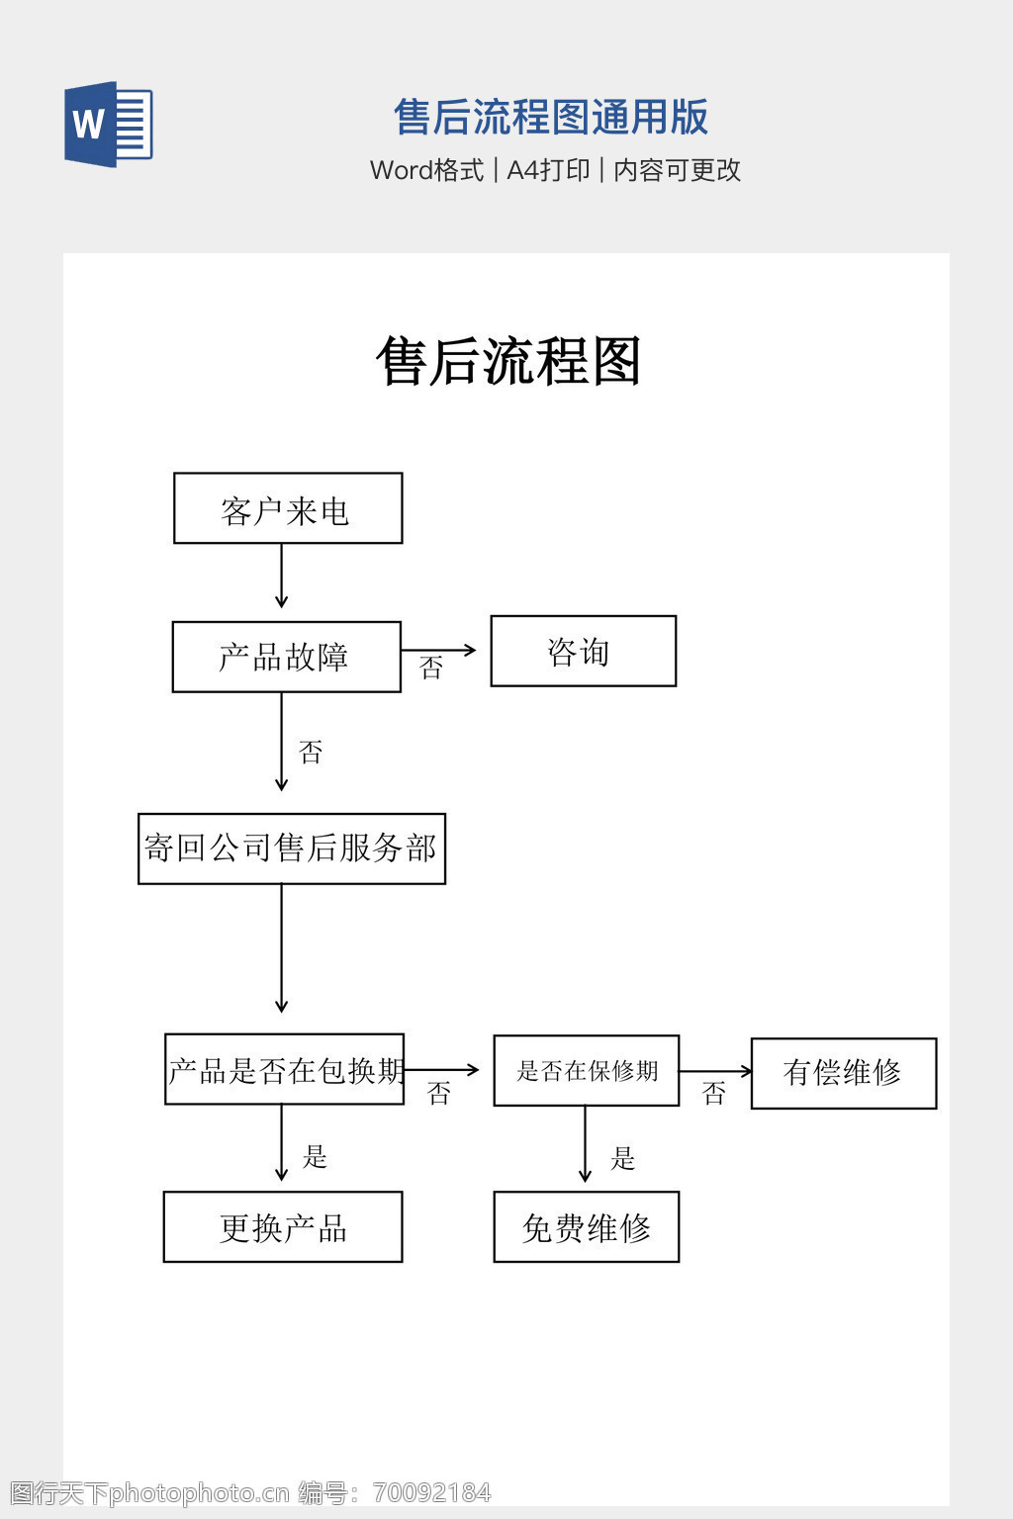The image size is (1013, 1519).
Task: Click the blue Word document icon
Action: (x=108, y=125)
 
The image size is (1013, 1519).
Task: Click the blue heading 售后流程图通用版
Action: (x=551, y=117)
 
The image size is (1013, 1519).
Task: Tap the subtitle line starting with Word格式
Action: (x=555, y=170)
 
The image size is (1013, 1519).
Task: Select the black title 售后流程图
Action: (x=508, y=361)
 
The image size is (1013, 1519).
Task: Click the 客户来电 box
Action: (x=288, y=508)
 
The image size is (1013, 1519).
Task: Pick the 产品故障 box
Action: (x=286, y=657)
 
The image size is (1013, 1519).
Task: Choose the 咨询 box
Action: (x=583, y=651)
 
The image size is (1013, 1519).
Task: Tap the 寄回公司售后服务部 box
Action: (x=291, y=849)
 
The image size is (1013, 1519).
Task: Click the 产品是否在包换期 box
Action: (x=285, y=1069)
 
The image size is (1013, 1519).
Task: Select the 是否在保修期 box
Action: (x=586, y=1070)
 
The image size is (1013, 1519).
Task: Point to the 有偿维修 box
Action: (x=843, y=1073)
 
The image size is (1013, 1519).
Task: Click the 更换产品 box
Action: (x=283, y=1227)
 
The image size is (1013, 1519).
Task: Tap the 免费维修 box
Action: (x=586, y=1227)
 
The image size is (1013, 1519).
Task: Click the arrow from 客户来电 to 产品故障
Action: (x=281, y=576)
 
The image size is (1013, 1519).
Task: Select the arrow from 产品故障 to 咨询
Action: (x=438, y=650)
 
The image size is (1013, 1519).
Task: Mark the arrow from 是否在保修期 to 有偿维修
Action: (x=714, y=1071)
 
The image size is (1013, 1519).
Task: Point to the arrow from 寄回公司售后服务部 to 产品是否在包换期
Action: (x=281, y=947)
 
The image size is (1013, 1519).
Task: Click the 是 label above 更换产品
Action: (x=315, y=1156)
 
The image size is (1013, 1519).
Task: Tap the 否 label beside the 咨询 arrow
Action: (x=431, y=669)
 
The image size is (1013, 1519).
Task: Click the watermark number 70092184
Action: (x=432, y=1492)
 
